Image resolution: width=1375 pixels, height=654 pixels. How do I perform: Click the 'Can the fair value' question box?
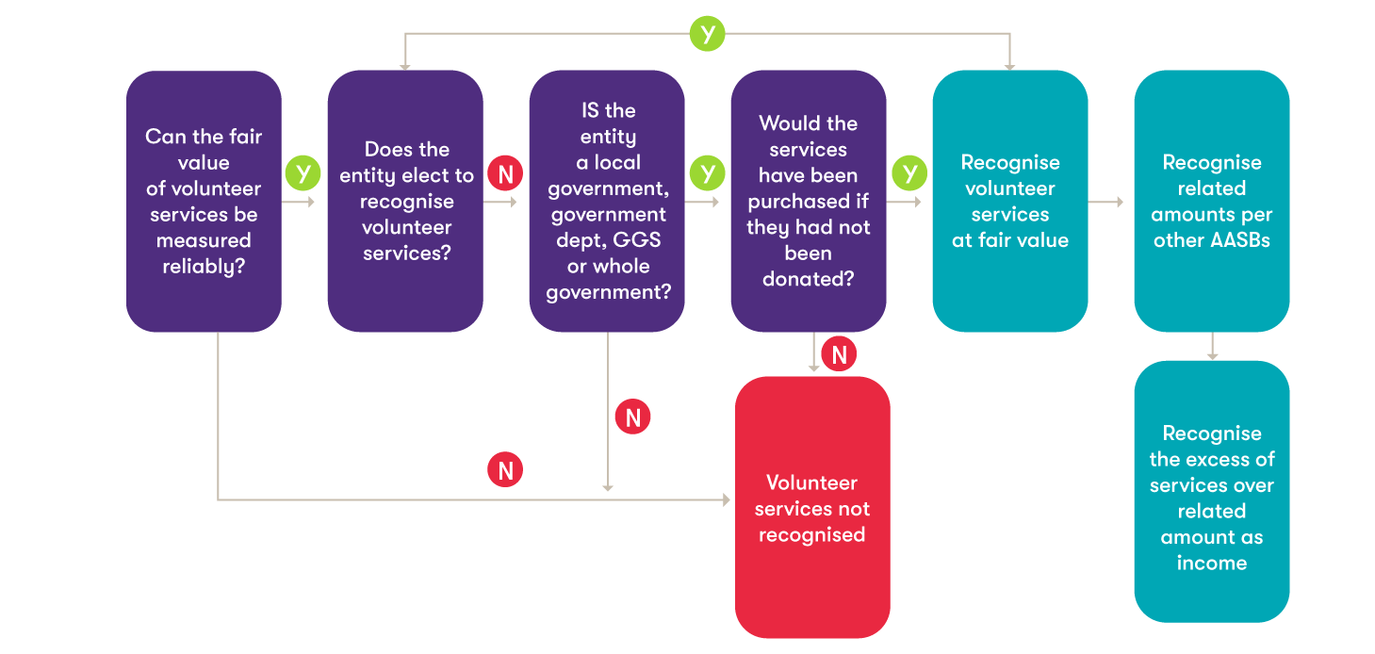[x=204, y=202]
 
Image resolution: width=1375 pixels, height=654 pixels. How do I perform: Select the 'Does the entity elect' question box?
[x=405, y=202]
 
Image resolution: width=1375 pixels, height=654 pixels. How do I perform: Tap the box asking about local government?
[x=607, y=202]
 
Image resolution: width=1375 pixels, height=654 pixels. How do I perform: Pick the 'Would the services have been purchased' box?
[x=809, y=202]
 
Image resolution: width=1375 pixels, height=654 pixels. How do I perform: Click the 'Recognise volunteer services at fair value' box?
[x=1010, y=202]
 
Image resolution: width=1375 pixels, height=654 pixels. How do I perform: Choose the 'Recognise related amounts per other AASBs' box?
[x=1212, y=202]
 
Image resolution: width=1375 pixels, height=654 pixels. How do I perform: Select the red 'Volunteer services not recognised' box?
[x=812, y=507]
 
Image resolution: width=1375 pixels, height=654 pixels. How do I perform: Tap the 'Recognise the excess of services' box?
[x=1212, y=491]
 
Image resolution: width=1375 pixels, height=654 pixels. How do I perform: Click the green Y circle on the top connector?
[x=707, y=34]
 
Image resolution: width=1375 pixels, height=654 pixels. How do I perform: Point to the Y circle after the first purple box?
[x=303, y=173]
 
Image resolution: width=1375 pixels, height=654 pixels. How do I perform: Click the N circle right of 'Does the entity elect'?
[x=505, y=173]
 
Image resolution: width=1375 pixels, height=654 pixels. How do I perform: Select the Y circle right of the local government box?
[x=707, y=173]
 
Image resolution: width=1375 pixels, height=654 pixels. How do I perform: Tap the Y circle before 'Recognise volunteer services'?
[x=909, y=173]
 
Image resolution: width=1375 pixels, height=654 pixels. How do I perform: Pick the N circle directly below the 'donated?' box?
[x=839, y=353]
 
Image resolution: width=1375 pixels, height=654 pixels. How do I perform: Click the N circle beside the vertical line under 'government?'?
[x=633, y=417]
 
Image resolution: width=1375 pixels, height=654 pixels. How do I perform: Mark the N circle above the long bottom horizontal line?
[x=505, y=470]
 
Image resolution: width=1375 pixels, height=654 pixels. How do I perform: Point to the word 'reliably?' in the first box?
[x=204, y=267]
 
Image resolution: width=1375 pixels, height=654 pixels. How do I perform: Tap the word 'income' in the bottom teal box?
[x=1212, y=564]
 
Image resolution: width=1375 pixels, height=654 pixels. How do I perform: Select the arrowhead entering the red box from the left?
[x=727, y=499]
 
